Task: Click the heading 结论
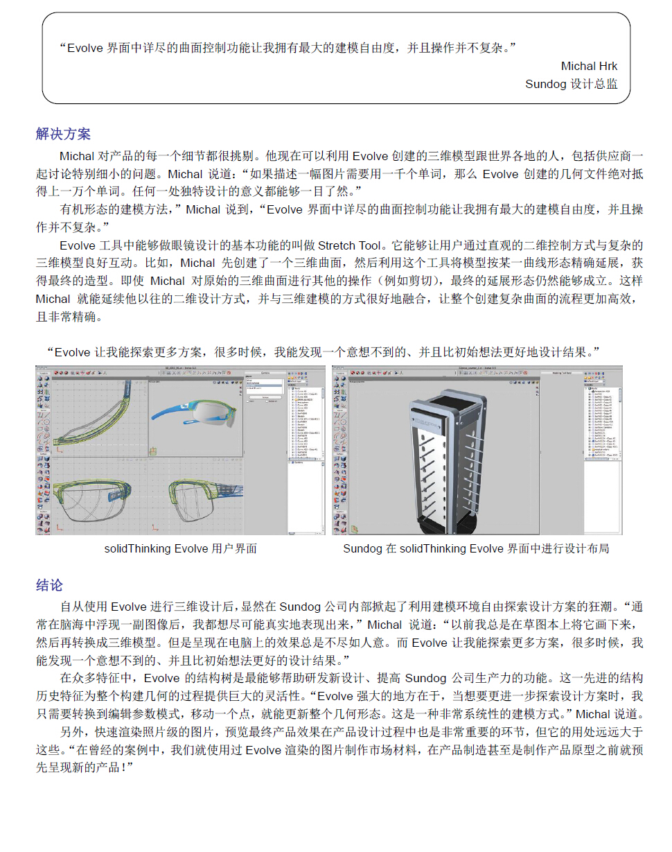pos(49,585)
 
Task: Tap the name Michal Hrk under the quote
pos(589,67)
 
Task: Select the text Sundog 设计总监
pos(571,84)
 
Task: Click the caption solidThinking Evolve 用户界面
pos(180,548)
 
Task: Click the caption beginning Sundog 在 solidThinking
pos(476,548)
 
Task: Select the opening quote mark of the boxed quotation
pos(62,49)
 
